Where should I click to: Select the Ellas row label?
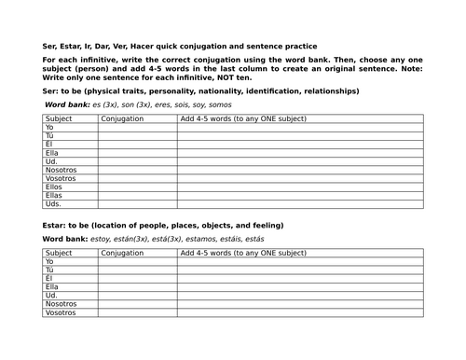tap(54, 195)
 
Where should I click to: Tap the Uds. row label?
tap(53, 203)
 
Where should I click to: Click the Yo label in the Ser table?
tap(49, 127)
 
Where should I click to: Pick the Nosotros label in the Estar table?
tap(61, 304)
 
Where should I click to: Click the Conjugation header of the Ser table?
tap(123, 118)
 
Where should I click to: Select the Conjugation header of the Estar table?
tap(123, 253)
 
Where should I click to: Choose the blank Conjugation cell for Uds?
tap(137, 203)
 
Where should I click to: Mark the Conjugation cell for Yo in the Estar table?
tap(137, 262)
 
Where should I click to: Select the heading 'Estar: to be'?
tap(69, 226)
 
